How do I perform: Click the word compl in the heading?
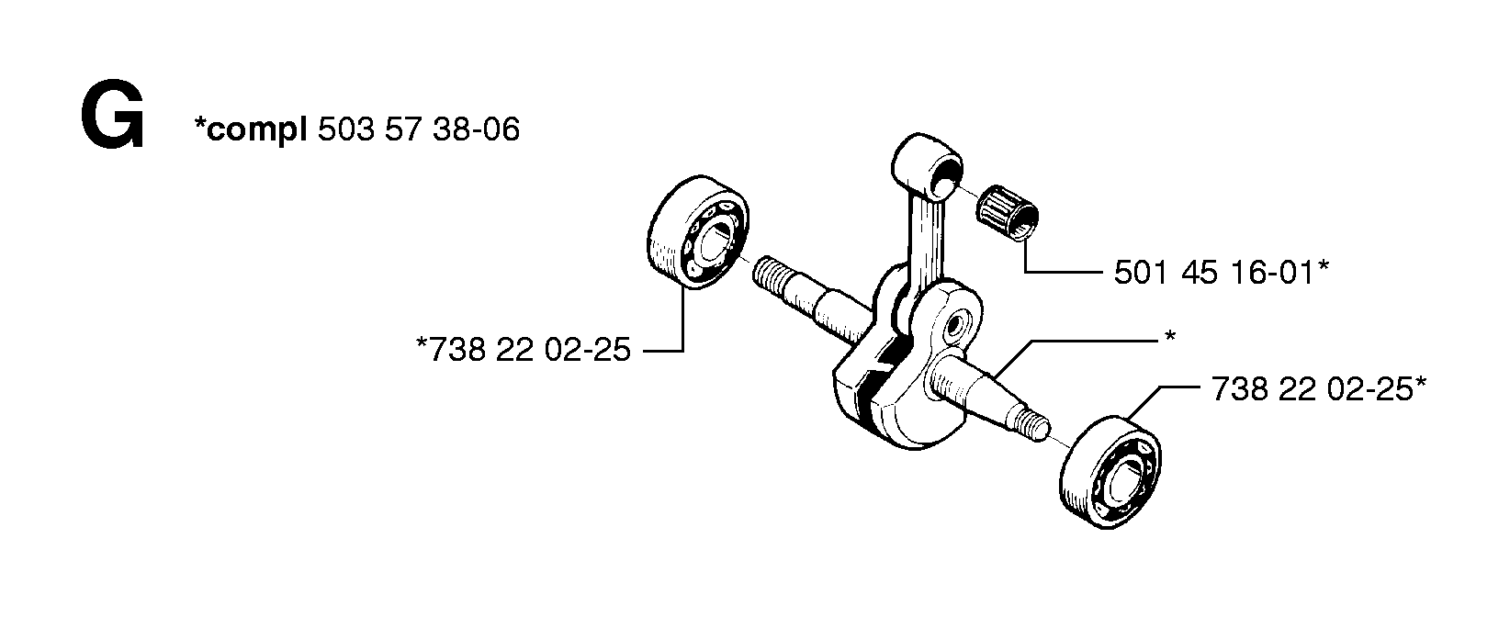pyautogui.click(x=255, y=130)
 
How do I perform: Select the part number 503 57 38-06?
pyautogui.click(x=419, y=129)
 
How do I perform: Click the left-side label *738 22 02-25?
pyautogui.click(x=524, y=350)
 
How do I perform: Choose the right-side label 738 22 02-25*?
pyautogui.click(x=1319, y=388)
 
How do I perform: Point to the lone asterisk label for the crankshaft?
pyautogui.click(x=1170, y=337)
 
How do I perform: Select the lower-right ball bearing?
pyautogui.click(x=1111, y=472)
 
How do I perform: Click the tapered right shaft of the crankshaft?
pyautogui.click(x=977, y=394)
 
